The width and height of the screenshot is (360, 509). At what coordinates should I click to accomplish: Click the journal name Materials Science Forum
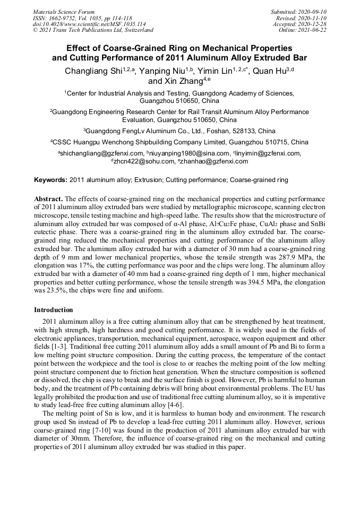click(64, 12)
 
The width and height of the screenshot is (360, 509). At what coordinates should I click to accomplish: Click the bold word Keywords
click(50, 180)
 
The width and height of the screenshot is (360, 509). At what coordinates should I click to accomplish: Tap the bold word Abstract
click(48, 198)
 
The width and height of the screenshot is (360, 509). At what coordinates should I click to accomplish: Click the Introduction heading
click(54, 310)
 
